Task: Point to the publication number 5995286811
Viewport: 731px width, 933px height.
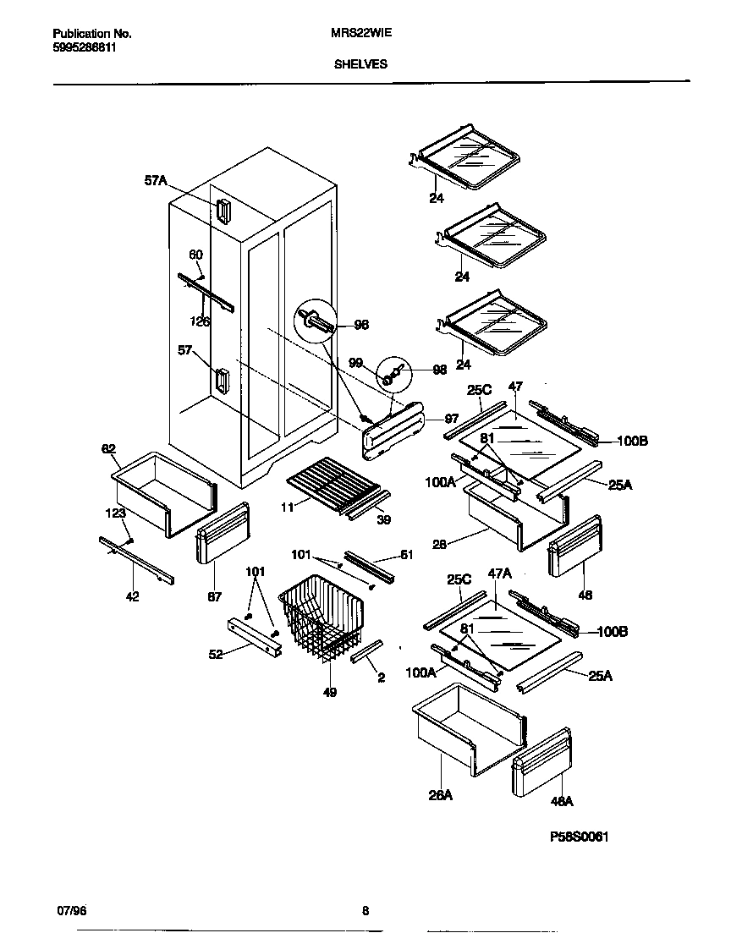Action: point(85,47)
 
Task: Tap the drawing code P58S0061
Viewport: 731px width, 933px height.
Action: point(580,837)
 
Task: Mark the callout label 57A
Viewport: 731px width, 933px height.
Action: point(157,180)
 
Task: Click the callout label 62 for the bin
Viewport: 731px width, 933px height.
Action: point(109,449)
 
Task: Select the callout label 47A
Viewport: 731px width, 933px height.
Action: point(501,574)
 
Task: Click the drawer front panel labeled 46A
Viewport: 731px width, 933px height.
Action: point(541,764)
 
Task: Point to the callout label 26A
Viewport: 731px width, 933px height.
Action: point(440,795)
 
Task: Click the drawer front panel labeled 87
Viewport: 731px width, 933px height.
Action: point(222,533)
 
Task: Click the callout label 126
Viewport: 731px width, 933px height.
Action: point(201,321)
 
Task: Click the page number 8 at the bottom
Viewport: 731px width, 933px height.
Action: point(365,911)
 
